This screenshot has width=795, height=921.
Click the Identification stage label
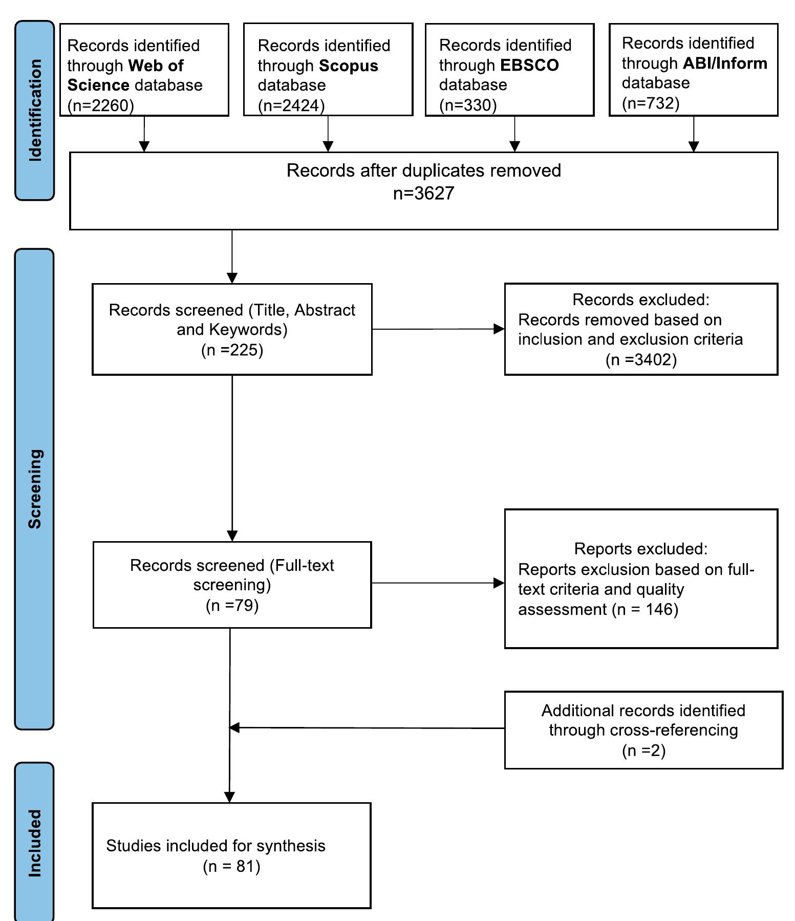tap(35, 110)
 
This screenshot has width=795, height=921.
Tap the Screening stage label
tap(35, 489)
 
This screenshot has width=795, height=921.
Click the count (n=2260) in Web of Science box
tap(101, 105)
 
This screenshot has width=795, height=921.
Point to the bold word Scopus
tap(349, 66)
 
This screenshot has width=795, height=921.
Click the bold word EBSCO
tap(529, 65)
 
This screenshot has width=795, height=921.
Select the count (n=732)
tap(651, 103)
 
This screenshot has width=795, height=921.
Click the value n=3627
tap(423, 193)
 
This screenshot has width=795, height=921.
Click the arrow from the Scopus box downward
tap(328, 134)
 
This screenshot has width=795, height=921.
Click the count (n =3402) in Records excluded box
tap(641, 359)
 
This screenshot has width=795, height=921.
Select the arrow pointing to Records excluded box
tap(438, 329)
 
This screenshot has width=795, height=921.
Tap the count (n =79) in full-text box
tap(232, 605)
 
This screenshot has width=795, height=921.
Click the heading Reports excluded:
tap(640, 549)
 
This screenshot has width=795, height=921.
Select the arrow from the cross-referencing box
tap(366, 727)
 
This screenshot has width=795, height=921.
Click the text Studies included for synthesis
tap(216, 846)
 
